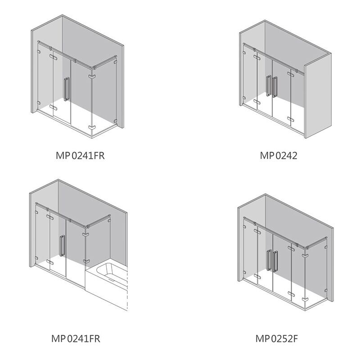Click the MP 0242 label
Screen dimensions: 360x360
279,155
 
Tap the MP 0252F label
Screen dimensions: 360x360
276,338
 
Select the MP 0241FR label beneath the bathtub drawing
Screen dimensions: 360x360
76,338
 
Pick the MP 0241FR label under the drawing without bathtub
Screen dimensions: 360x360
80,155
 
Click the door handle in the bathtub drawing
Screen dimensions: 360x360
62,246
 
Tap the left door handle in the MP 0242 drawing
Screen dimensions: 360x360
269,85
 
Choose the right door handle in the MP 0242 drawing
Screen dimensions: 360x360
274,87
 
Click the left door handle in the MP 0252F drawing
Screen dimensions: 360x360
269,261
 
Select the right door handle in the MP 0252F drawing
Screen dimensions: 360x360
275,262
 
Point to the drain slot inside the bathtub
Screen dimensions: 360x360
112,280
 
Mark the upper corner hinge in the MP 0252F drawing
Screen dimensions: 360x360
306,255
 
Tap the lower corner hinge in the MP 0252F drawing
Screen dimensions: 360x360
306,300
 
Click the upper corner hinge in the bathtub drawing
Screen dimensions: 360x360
86,234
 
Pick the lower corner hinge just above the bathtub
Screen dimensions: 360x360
86,261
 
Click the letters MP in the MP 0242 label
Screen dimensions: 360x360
267,155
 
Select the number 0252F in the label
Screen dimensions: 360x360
284,338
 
